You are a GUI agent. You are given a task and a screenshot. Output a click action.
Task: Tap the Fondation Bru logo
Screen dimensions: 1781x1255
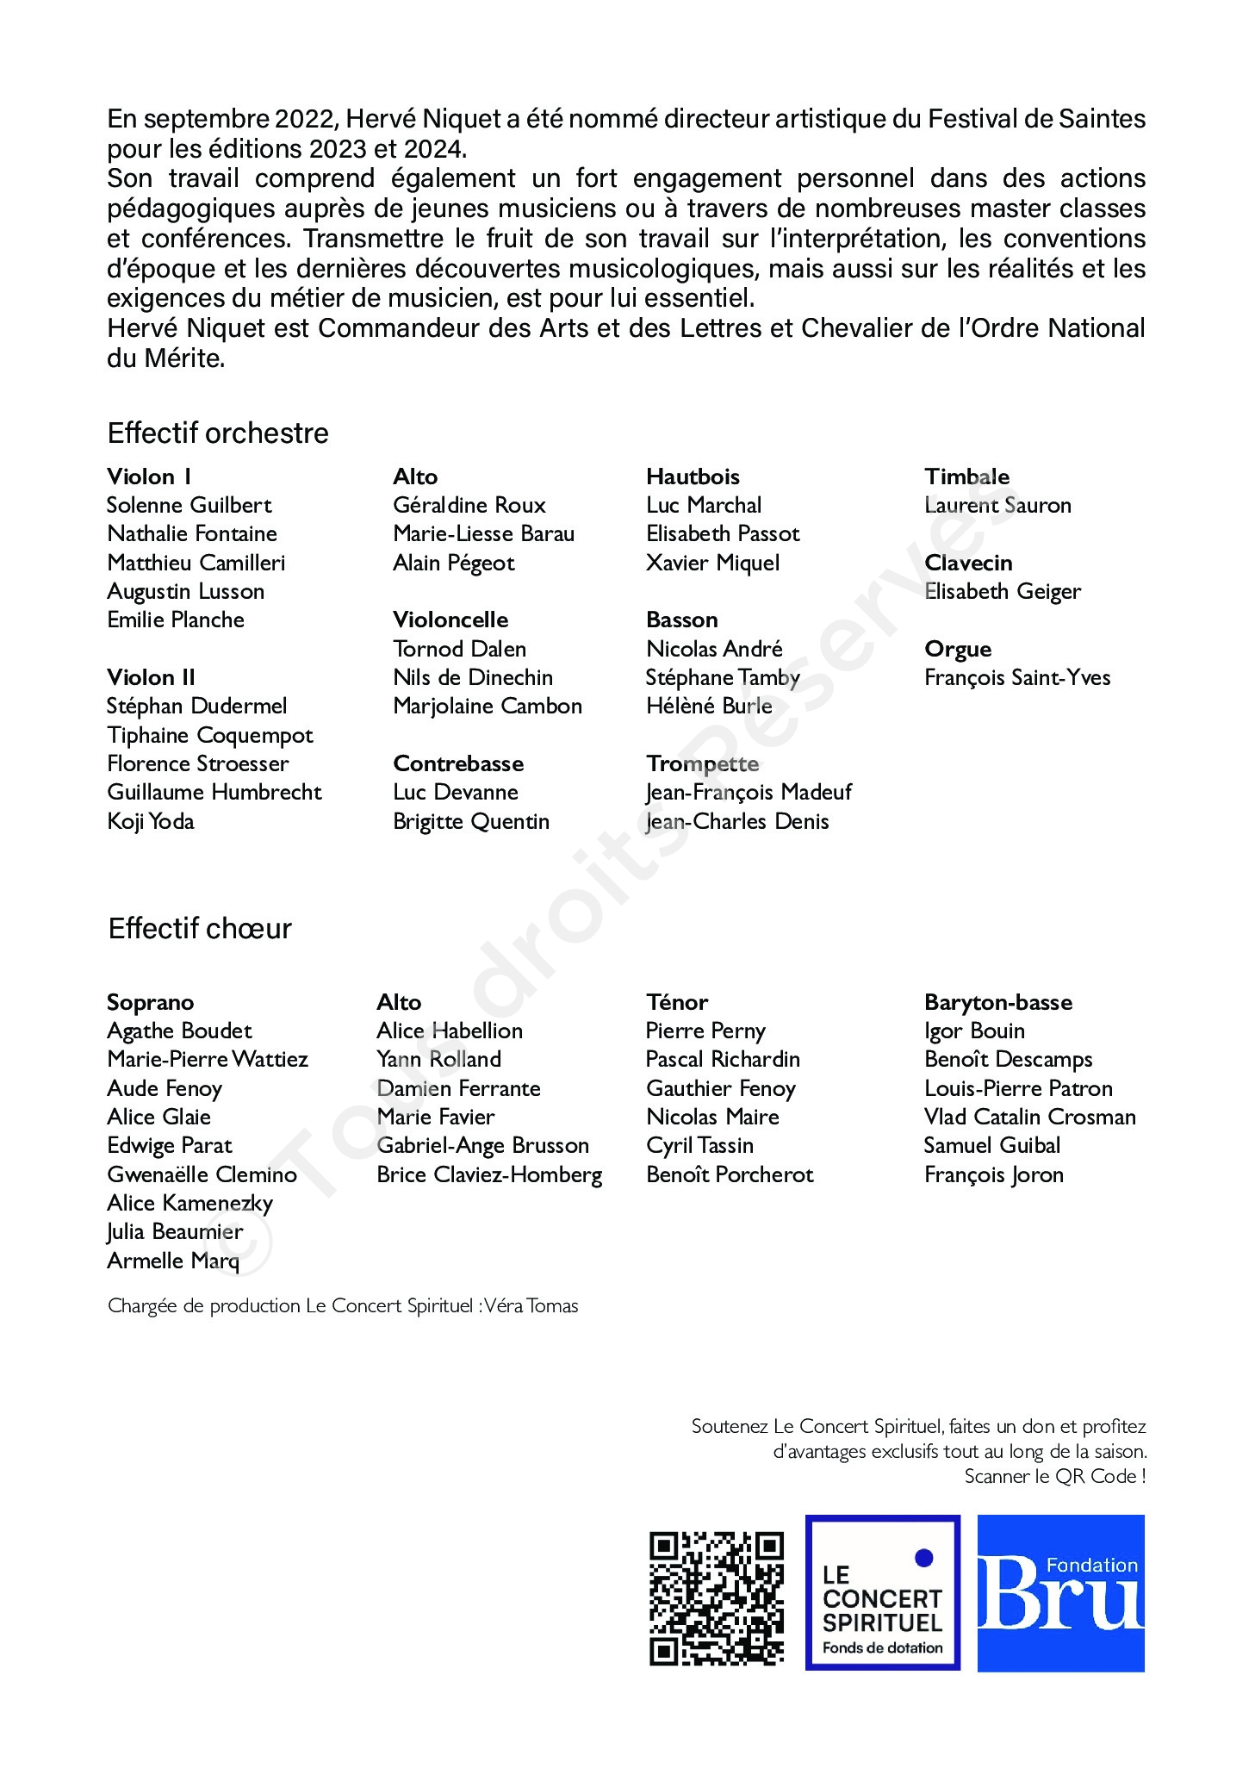coord(1060,1592)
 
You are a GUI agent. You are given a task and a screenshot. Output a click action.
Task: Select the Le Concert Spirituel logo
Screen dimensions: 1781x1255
coord(882,1592)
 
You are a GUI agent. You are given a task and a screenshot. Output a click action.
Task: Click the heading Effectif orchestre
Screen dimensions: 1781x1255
coord(218,433)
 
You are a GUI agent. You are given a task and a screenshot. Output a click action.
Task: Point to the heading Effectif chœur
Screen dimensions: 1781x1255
coord(200,928)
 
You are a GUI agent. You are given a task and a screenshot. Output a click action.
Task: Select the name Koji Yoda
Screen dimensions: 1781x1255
coord(151,821)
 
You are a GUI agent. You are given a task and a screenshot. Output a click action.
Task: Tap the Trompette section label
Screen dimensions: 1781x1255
coord(703,763)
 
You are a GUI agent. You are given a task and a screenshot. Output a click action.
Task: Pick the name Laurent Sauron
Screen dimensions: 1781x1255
coord(997,505)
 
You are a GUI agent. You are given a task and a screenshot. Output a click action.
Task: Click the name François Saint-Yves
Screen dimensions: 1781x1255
coord(1017,677)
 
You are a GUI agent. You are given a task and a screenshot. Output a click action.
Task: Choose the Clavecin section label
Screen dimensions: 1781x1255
coord(968,563)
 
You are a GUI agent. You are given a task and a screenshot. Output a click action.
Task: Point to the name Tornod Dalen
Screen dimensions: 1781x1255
coord(459,649)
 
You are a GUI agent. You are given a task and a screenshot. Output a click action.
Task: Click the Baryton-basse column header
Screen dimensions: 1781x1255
coord(998,1002)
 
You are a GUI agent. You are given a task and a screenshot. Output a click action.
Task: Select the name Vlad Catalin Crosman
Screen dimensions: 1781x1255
coord(1029,1117)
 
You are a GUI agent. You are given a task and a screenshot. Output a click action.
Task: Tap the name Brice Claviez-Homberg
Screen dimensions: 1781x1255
coord(489,1174)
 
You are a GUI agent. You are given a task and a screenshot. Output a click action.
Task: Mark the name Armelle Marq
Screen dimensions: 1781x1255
coord(173,1261)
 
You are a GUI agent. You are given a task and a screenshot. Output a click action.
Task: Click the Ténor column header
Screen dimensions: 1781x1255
coord(677,1002)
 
